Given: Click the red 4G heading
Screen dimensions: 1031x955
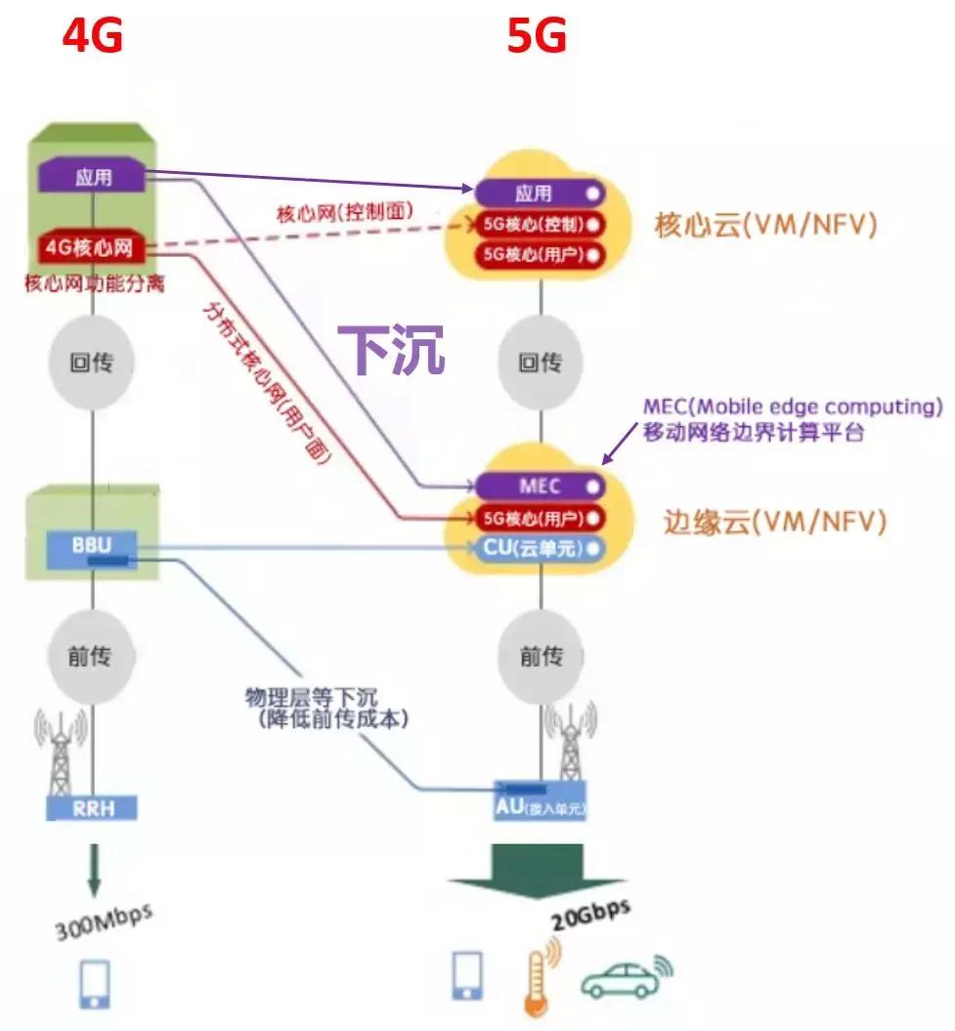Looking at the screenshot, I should coord(92,36).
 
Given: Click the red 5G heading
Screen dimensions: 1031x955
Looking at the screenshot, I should coord(537,36).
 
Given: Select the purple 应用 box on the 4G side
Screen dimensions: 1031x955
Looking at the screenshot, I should coord(93,177).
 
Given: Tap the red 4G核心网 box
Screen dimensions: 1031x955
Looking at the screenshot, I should coord(93,246).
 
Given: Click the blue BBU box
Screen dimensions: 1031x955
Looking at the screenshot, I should coord(92,544).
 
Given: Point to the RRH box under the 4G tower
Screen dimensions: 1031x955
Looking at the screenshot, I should coord(93,807).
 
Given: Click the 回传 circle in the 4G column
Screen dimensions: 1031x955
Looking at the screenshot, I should coord(92,364).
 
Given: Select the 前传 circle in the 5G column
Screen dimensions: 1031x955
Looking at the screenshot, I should coord(541,656).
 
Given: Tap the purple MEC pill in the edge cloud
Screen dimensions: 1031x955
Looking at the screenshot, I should coord(540,485).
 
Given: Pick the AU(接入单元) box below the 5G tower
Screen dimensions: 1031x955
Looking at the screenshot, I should coord(541,808).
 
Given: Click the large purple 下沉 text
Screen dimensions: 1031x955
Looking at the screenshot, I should coord(391,349).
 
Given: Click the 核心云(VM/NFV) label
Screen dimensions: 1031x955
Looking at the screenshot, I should coord(765,225).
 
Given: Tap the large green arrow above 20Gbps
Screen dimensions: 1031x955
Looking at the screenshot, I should coord(536,870).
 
